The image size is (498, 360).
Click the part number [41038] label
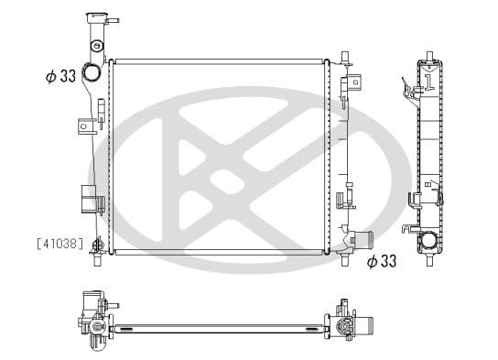[x=60, y=244]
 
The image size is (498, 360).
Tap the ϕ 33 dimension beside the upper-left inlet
[x=60, y=76]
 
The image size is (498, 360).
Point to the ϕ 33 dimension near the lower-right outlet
[x=382, y=261]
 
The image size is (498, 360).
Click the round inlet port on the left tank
[x=92, y=72]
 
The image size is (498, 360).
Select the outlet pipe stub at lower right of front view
[x=364, y=240]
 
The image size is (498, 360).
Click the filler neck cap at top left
[x=97, y=17]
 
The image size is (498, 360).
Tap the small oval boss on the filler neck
[x=96, y=46]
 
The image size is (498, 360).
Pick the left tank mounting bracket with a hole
[x=86, y=126]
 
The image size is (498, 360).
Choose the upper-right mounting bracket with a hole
[x=354, y=82]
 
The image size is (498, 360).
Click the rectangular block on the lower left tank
[x=89, y=199]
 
